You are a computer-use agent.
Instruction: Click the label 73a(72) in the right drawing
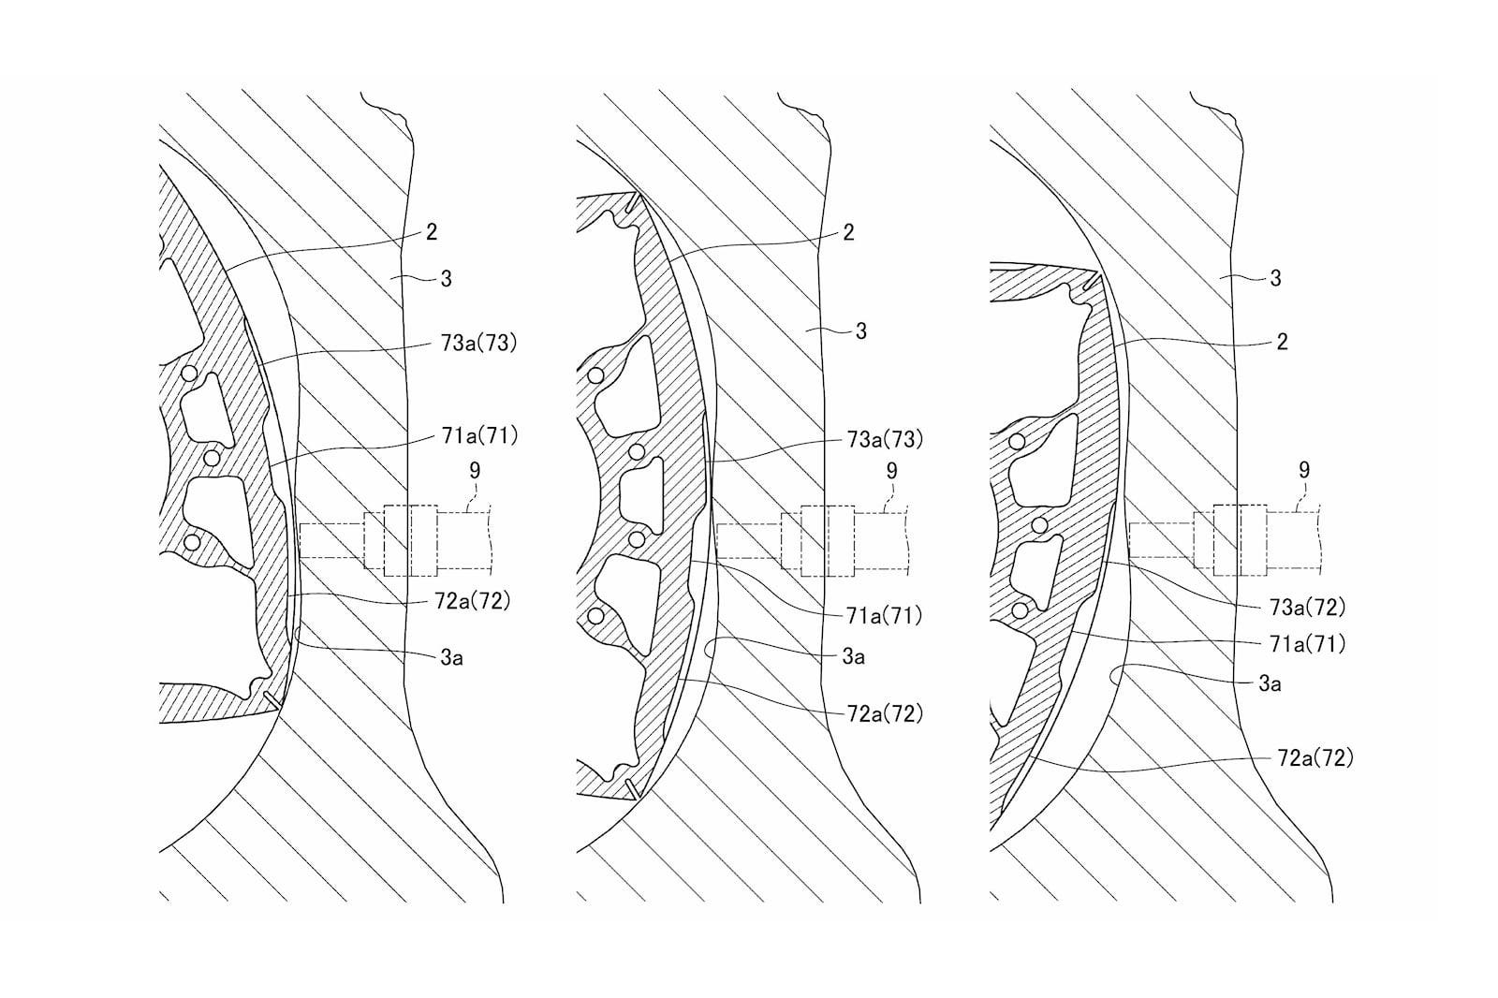1307,607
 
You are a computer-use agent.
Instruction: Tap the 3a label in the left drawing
451,658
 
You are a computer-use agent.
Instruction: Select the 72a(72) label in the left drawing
472,601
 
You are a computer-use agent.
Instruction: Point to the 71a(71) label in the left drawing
479,436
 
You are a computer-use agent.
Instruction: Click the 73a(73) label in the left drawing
478,344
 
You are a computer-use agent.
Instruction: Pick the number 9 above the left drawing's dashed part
475,470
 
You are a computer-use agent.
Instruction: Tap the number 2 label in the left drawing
432,232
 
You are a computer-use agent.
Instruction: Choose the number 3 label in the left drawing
446,278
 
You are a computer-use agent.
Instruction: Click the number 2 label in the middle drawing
848,232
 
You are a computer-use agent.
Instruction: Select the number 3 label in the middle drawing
861,330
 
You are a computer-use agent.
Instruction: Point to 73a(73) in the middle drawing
885,439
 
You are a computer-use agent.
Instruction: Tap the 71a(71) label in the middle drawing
884,615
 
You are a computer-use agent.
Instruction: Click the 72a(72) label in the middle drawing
885,713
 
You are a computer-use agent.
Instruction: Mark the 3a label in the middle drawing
853,657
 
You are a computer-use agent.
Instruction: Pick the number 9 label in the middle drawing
891,470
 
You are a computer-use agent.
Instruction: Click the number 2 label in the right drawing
1282,342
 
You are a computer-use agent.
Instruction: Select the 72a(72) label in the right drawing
1315,758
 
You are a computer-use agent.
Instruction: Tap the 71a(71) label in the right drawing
1307,643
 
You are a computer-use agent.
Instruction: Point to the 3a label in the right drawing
1270,683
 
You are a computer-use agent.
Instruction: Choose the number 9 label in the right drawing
1304,470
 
